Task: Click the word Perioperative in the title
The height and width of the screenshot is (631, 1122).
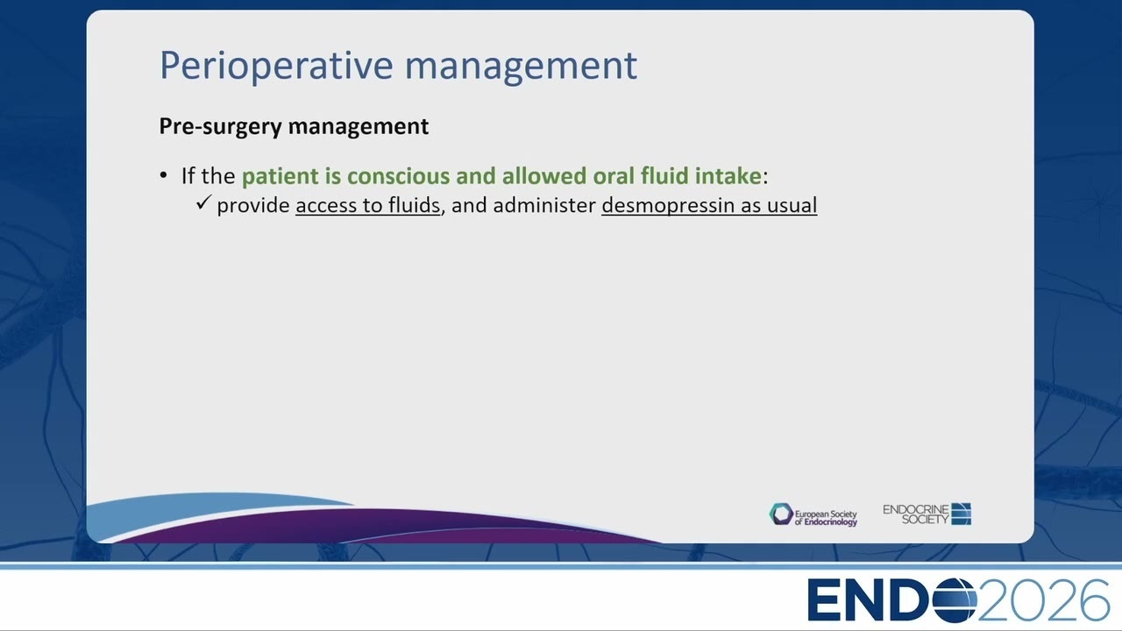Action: pyautogui.click(x=276, y=66)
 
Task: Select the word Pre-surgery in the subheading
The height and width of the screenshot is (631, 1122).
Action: pyautogui.click(x=220, y=126)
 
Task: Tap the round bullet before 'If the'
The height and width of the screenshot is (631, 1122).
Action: pyautogui.click(x=164, y=175)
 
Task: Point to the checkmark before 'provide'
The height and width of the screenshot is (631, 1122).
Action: pyautogui.click(x=204, y=202)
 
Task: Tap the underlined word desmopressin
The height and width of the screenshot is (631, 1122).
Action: pyautogui.click(x=668, y=206)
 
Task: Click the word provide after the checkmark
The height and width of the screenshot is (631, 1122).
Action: pyautogui.click(x=253, y=206)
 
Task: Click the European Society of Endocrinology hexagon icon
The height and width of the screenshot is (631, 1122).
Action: pyautogui.click(x=781, y=514)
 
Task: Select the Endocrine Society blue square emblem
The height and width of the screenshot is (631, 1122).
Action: pyautogui.click(x=962, y=514)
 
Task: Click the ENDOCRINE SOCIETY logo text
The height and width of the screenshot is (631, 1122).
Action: pyautogui.click(x=916, y=514)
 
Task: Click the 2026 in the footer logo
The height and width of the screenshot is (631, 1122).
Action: pyautogui.click(x=1043, y=600)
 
